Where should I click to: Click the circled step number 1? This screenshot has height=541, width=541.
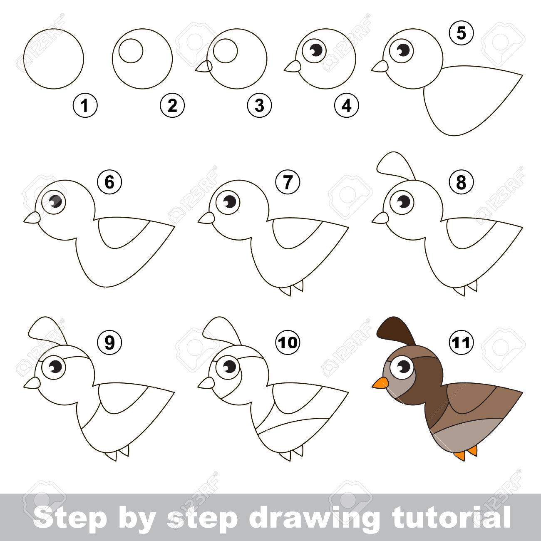[x=85, y=106]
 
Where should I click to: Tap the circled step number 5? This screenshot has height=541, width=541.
[x=461, y=33]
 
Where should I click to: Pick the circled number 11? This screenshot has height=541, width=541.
[x=461, y=342]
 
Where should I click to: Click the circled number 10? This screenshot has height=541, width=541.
[x=288, y=342]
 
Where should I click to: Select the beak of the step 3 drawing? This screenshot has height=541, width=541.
[x=204, y=67]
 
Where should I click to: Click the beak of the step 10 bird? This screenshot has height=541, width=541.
[x=206, y=383]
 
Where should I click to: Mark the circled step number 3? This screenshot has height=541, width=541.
[x=259, y=106]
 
